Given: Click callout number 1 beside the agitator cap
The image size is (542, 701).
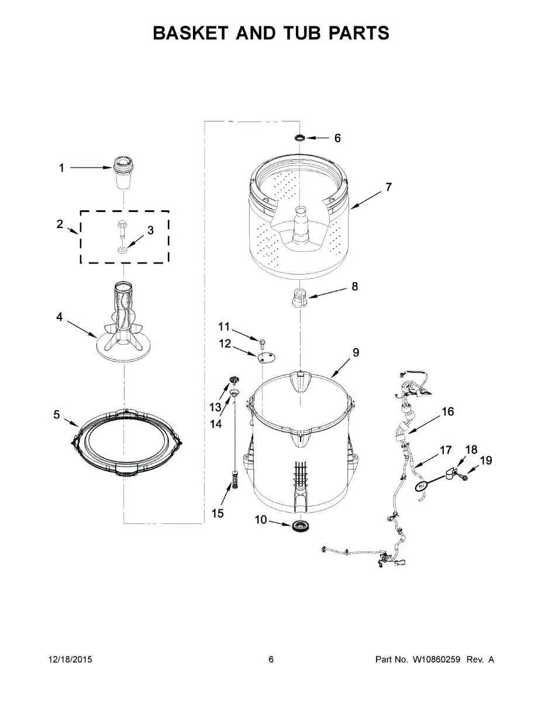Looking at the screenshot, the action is point(61,168).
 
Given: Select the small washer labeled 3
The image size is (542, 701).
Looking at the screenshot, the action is point(123,250).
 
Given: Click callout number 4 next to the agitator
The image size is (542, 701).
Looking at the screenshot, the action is point(59,317).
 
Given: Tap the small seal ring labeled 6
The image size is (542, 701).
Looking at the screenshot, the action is point(299,138).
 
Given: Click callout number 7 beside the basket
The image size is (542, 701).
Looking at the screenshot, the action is point(388,188).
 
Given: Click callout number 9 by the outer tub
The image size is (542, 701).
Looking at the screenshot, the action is point(355,353).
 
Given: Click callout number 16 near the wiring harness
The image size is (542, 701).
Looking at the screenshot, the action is point(447,412).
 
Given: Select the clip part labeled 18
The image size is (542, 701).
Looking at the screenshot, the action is point(450,474).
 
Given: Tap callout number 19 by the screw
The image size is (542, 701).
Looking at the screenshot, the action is point(485,461).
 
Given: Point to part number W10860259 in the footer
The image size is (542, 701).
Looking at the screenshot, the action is point(437,660).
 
